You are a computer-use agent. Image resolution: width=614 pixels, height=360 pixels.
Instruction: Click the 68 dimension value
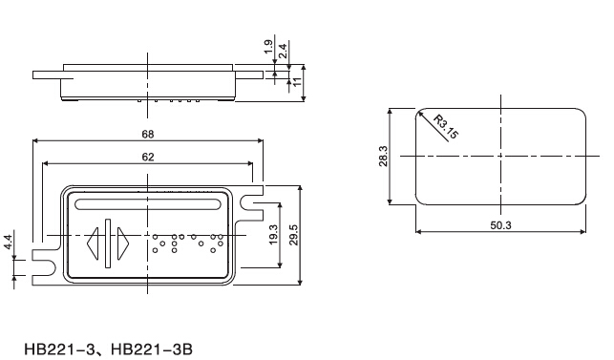(148, 135)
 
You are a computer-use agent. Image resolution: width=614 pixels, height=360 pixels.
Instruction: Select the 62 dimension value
(148, 158)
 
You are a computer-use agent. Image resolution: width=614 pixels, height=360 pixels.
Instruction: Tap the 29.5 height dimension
(294, 236)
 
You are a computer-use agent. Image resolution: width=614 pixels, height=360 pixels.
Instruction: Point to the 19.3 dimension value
(273, 235)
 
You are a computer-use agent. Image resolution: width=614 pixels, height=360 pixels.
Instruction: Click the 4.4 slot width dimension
(9, 243)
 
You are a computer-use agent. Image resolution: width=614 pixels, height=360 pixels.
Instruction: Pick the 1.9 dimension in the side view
(268, 47)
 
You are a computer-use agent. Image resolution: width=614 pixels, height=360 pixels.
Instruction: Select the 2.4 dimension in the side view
(283, 51)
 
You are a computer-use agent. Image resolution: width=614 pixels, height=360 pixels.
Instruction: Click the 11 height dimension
(297, 82)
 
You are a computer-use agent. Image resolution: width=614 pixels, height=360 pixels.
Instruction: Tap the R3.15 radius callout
(446, 127)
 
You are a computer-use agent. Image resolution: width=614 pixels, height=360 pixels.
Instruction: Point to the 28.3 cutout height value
(383, 157)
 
